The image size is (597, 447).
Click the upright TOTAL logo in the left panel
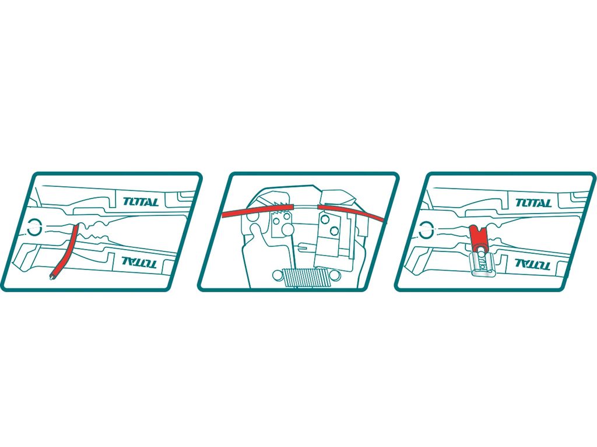pos(141,201)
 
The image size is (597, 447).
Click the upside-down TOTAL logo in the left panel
pos(139,262)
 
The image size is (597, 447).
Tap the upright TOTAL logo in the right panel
pos(533,203)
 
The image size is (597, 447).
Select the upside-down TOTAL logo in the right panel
pos(532,264)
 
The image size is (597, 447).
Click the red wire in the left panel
pos(65,251)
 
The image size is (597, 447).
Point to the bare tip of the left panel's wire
pos(51,276)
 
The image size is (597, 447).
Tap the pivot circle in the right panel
pos(426,229)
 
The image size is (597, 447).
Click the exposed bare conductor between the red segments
pos(306,206)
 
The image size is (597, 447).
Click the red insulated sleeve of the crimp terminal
pos(479,237)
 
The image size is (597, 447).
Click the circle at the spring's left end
pos(278,275)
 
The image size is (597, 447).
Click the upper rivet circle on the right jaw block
pos(325,219)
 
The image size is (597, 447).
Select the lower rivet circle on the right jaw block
pos(334,231)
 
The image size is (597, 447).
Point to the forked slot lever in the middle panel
pos(307,249)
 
